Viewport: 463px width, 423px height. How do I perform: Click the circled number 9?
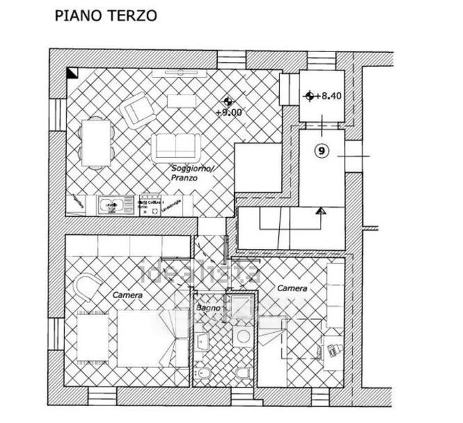[321, 149]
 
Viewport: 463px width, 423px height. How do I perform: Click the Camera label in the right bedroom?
[291, 288]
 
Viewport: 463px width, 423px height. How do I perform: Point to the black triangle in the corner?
[72, 72]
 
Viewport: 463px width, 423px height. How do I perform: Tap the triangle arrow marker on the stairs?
[321, 210]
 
